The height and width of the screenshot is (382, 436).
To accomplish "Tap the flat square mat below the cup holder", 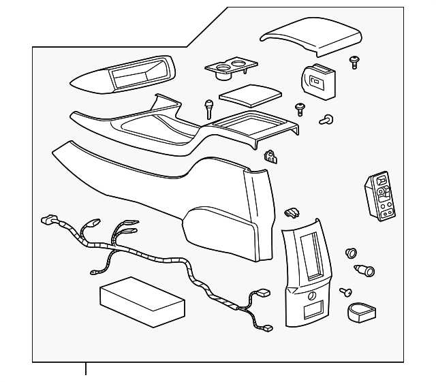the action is [250, 94].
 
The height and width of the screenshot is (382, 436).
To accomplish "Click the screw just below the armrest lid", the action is [354, 63].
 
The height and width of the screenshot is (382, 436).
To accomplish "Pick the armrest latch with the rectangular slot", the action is [316, 82].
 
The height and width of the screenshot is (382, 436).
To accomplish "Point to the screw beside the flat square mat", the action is [300, 108].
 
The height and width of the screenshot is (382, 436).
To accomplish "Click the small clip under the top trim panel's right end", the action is [271, 157].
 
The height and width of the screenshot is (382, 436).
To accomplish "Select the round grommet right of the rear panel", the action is [352, 253].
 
